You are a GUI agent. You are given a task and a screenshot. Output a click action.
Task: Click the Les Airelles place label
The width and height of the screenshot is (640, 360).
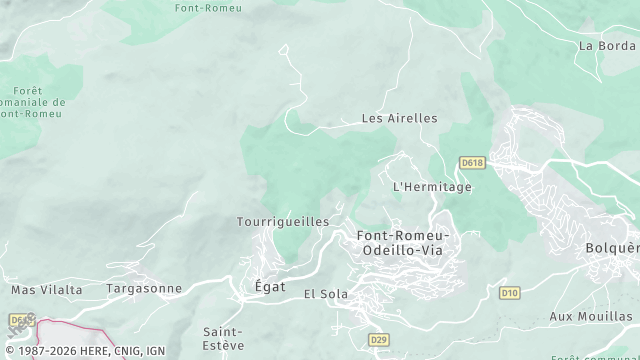[399, 118]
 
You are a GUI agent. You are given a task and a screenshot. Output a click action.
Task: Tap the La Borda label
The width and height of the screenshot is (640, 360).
[607, 45]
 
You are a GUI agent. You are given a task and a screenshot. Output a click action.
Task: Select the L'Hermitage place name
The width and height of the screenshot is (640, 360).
[432, 186]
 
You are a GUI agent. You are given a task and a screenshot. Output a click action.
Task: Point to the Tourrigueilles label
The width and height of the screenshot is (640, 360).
[283, 221]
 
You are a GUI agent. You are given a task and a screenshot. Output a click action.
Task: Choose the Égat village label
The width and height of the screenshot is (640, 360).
[264, 287]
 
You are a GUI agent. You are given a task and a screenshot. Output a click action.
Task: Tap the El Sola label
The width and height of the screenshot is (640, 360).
[325, 294]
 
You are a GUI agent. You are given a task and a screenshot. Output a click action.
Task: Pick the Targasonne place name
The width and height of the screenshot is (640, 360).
[145, 289]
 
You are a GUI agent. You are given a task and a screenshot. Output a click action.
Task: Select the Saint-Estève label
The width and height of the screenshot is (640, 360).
[223, 338]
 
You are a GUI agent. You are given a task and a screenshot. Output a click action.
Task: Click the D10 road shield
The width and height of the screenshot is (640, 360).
[510, 293]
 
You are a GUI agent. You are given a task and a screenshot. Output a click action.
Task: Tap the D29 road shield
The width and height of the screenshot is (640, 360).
[378, 340]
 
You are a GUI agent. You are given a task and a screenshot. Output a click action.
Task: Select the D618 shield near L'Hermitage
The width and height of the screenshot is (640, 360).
[472, 162]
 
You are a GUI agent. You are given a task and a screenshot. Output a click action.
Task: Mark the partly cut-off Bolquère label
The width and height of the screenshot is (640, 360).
[612, 247]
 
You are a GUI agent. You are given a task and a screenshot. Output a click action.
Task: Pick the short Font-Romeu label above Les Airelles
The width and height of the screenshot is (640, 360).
[206, 8]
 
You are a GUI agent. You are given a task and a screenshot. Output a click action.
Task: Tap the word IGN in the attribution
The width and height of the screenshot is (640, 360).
[154, 351]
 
